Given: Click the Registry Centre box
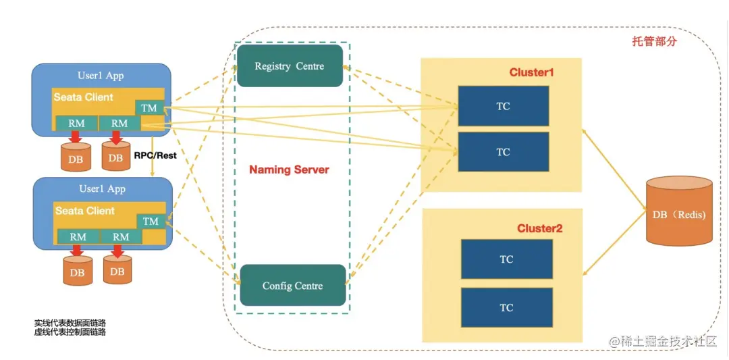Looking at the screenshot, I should [x=290, y=66].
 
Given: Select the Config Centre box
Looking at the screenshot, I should [x=292, y=286].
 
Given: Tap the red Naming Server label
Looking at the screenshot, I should [x=289, y=170].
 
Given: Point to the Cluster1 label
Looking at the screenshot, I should [x=531, y=72].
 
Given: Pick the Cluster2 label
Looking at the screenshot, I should [x=539, y=228].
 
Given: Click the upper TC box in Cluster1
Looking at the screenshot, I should [x=503, y=106].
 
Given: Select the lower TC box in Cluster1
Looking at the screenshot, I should [x=503, y=152].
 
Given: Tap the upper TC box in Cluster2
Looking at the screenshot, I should [x=506, y=259].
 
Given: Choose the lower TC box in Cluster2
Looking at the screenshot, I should [x=506, y=307].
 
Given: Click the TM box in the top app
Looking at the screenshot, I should [x=149, y=107].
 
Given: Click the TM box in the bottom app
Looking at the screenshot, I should [x=151, y=221].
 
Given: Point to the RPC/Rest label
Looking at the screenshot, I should [x=155, y=155].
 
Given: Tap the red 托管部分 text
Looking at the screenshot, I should [x=654, y=41].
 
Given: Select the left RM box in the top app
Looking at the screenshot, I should [x=76, y=123].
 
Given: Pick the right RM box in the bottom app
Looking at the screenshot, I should [x=121, y=236].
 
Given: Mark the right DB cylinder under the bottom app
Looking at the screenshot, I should [x=117, y=271].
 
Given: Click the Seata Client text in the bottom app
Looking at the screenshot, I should [x=84, y=211].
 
